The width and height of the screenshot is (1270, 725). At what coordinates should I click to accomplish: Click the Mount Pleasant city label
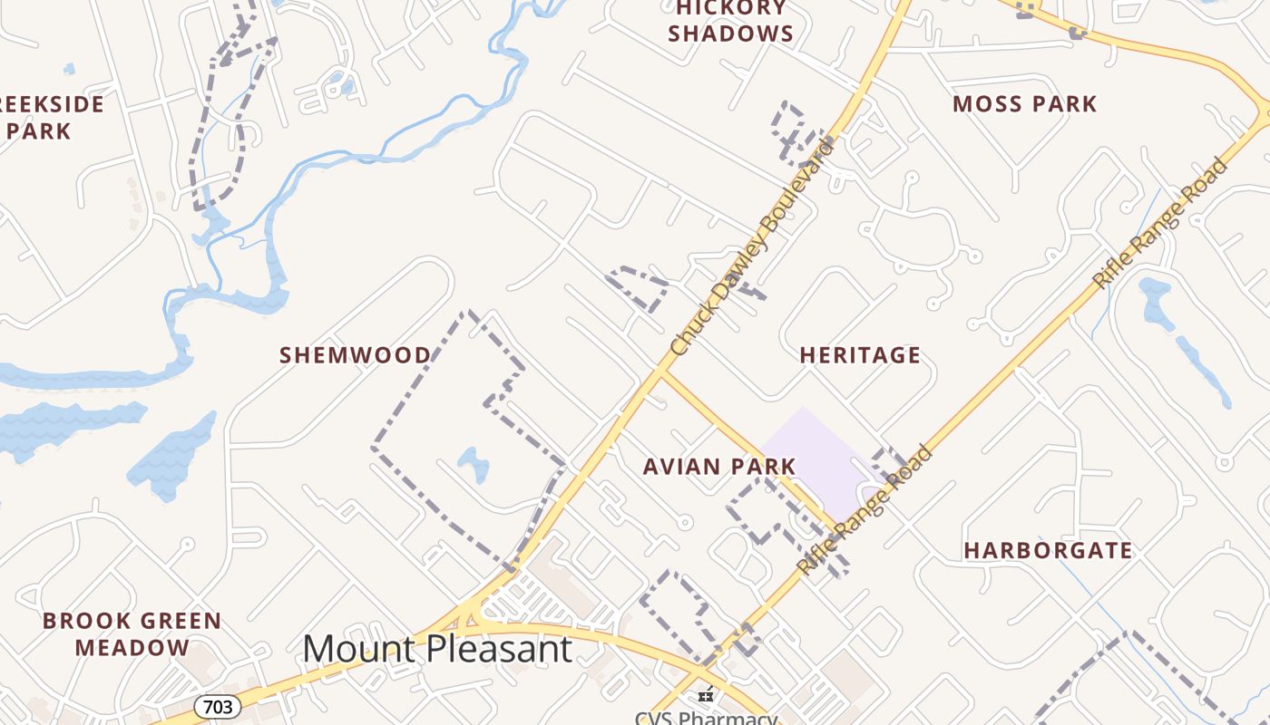click(437, 649)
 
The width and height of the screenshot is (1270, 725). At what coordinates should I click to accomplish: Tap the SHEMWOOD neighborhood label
click(356, 355)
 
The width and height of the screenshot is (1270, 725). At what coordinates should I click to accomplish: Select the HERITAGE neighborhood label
click(860, 355)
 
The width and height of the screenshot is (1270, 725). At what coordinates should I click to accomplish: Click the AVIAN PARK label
click(719, 467)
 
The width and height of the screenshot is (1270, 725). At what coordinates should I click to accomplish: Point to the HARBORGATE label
click(1048, 550)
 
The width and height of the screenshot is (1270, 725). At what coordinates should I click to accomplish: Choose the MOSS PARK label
click(1025, 104)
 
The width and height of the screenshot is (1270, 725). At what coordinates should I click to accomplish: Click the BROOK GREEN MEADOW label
click(132, 634)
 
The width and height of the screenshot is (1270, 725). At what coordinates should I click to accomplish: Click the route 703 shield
click(218, 706)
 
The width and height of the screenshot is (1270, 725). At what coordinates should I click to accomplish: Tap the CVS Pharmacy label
click(706, 719)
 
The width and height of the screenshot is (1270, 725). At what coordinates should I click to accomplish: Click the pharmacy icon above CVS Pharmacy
click(706, 696)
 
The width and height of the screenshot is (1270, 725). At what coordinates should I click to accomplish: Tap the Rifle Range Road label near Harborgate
click(865, 510)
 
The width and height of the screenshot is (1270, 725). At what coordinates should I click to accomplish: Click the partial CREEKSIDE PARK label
click(50, 117)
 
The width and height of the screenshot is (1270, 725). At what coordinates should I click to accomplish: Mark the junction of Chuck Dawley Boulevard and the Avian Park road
click(662, 372)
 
